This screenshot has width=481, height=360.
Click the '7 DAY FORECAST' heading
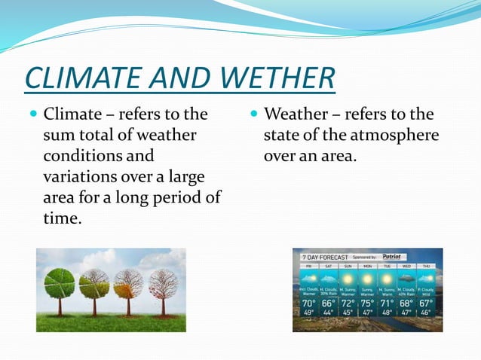coord(325,257)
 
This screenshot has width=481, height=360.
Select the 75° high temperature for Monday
coord(367,304)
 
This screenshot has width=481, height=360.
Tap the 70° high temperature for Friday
coord(308,304)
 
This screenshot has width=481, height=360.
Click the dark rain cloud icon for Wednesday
coord(406,276)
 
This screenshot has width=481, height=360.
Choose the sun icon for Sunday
coord(348,276)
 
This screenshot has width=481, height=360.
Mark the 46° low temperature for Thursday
coord(426,312)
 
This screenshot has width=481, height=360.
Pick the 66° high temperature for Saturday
coord(327,304)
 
